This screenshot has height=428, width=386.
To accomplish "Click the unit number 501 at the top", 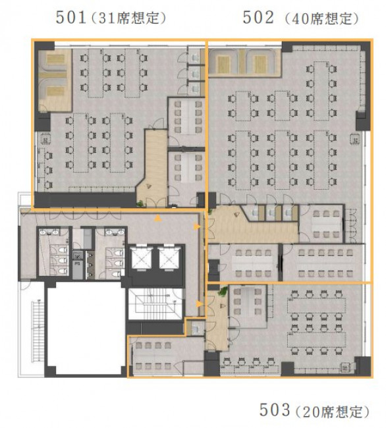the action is pyautogui.click(x=71, y=17).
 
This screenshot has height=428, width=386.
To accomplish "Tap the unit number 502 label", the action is pyautogui.click(x=258, y=17).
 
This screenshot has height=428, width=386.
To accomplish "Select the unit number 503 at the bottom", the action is pyautogui.click(x=274, y=410).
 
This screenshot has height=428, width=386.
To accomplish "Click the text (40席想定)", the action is pyautogui.click(x=321, y=19).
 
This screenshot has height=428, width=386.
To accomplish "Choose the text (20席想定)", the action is pyautogui.click(x=333, y=412).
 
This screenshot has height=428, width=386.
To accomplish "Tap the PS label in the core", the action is pyautogui.click(x=77, y=264).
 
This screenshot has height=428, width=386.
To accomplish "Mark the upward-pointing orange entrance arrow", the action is pyautogui.click(x=157, y=218).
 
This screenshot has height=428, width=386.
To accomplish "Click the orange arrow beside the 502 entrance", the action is pyautogui.click(x=197, y=227).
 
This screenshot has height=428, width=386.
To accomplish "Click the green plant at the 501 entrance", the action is pyautogui.click(x=140, y=203).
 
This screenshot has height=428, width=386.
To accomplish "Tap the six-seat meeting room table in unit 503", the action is pyautogui.click(x=248, y=301).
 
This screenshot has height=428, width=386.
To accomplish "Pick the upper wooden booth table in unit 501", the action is pyautogui.click(x=56, y=59).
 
